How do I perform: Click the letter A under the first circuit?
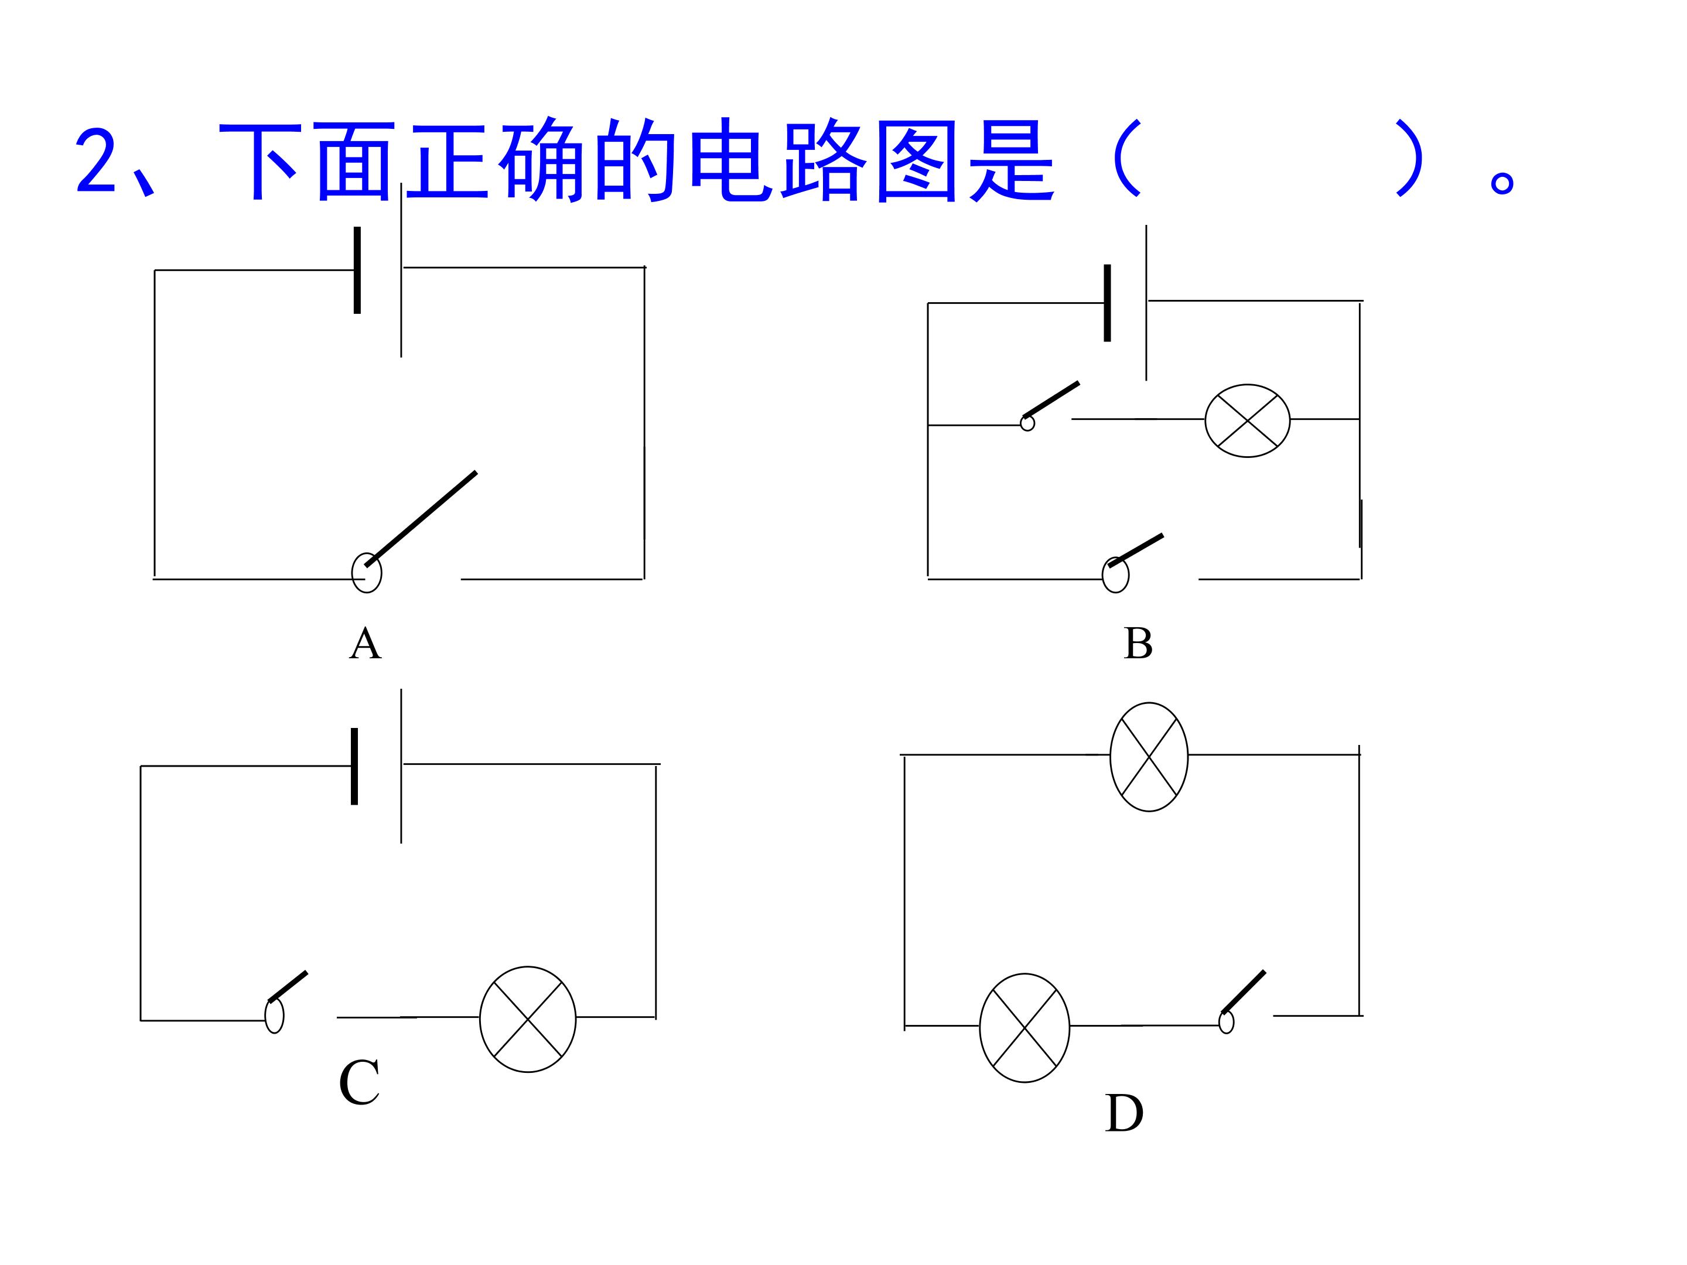click(x=366, y=644)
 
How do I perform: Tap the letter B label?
click(x=1138, y=644)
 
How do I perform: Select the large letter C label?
click(x=359, y=1082)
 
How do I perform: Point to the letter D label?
click(x=1124, y=1114)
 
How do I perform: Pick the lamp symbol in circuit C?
click(x=528, y=1020)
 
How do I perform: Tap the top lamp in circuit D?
click(x=1149, y=757)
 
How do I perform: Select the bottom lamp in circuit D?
click(x=1025, y=1027)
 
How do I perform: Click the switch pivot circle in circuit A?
click(x=366, y=573)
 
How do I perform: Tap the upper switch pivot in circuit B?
click(x=1027, y=422)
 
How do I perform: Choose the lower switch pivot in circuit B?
click(x=1116, y=575)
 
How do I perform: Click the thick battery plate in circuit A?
click(x=357, y=270)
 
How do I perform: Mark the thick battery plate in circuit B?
click(x=1107, y=303)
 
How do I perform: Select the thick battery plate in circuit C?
click(x=354, y=766)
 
